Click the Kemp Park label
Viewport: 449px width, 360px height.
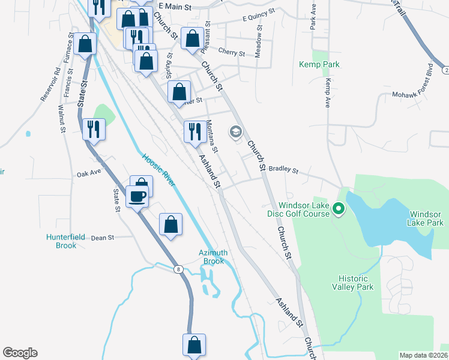(x=319, y=64)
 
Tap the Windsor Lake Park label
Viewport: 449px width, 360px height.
(x=426, y=218)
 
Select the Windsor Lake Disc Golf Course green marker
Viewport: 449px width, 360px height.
(x=338, y=209)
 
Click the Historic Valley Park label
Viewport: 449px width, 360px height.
(x=356, y=283)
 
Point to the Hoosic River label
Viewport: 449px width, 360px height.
(x=158, y=170)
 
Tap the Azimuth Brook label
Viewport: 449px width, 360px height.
(x=213, y=257)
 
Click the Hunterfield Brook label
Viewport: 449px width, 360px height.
(x=61, y=241)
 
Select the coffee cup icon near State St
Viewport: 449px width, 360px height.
(x=137, y=196)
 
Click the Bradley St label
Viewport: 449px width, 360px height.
(x=283, y=170)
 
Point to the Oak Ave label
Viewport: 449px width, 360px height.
(x=88, y=174)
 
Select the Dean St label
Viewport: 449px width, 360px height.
(x=103, y=238)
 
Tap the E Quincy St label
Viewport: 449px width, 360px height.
(x=258, y=15)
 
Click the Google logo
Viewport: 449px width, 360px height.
(x=20, y=353)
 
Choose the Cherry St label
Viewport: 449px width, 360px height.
(x=232, y=53)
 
